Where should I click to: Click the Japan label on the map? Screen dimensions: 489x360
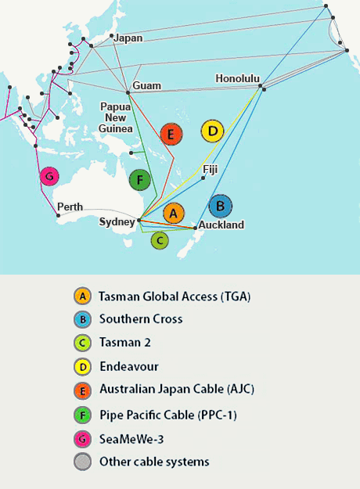[x=129, y=38]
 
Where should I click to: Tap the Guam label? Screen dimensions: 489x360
[x=146, y=84]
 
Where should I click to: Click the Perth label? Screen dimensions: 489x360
[x=70, y=207]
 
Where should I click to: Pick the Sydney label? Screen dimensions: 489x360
[x=117, y=222]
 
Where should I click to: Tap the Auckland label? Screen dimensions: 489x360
[x=221, y=225]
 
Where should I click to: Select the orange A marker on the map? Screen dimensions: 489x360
[x=174, y=212]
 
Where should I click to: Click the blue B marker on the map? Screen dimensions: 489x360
[x=221, y=206]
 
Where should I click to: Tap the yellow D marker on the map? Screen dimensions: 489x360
[x=212, y=131]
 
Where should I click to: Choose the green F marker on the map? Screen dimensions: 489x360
[x=139, y=180]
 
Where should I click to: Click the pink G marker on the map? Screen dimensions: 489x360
[x=51, y=177]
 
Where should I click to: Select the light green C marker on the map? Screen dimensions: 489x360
[x=160, y=240]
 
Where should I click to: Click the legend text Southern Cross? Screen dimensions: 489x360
[x=141, y=319]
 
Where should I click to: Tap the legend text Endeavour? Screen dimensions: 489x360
[x=128, y=365]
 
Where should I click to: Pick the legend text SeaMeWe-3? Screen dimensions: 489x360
[x=131, y=437]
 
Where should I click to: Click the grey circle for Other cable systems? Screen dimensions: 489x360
[x=81, y=461]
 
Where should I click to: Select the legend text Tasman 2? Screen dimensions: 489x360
[x=124, y=342]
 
